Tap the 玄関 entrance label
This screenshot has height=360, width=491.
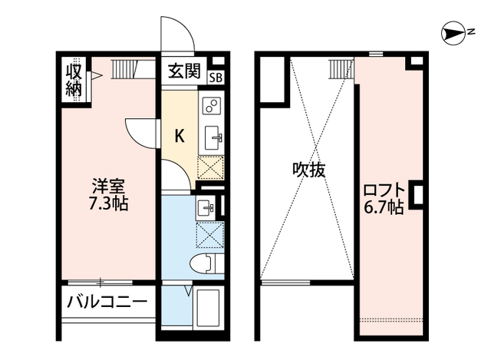tap(184, 73)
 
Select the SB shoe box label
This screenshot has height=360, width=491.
tap(216, 75)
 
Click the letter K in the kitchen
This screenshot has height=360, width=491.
tap(180, 137)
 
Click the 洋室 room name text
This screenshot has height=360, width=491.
tap(109, 187)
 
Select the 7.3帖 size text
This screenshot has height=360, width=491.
tap(109, 204)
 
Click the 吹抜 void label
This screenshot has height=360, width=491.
tap(308, 170)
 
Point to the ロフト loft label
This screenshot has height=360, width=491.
tap(384, 190)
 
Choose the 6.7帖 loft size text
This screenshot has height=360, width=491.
tap(384, 206)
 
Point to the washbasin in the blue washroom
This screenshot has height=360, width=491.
tap(206, 206)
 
